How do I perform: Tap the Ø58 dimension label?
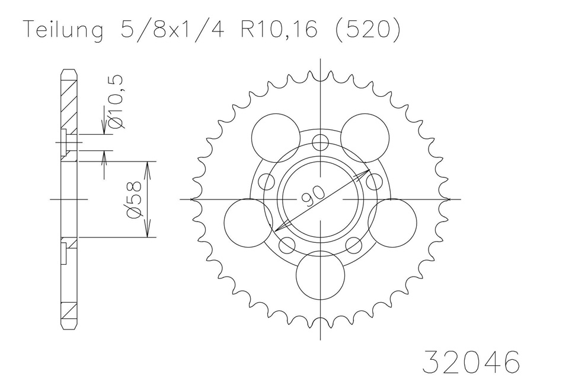pos(134,199)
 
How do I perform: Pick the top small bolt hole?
pos(320,142)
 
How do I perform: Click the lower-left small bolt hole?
pos(286,244)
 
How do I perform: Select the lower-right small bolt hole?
pos(354,244)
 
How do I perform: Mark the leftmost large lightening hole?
pos(248,223)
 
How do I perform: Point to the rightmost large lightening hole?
pos(392,223)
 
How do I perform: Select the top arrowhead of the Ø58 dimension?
pos(148,165)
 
